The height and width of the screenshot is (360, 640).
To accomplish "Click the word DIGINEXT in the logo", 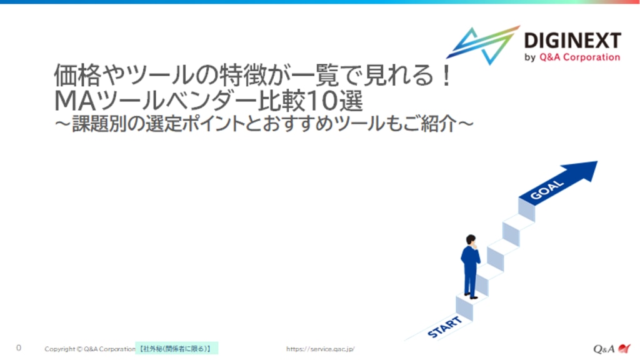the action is coord(572,41).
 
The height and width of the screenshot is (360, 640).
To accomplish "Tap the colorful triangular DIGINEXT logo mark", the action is coord(483,45).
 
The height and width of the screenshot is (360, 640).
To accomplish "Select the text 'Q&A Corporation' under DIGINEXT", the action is coord(579,57).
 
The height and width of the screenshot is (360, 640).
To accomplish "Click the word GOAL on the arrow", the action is coord(547,190).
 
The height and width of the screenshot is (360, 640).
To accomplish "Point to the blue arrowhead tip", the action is coord(597,162).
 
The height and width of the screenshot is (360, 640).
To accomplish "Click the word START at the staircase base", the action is coord(444,327).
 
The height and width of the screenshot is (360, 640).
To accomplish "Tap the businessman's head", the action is coord(471,239).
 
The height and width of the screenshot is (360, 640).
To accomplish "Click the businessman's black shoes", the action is coord(471,296).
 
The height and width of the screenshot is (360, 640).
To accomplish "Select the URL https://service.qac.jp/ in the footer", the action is coord(321,349).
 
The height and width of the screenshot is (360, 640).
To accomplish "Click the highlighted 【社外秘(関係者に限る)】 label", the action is coord(176,349).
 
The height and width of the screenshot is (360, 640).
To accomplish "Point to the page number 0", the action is coord(18,347).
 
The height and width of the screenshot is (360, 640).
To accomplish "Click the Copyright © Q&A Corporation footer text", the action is coord(90,349).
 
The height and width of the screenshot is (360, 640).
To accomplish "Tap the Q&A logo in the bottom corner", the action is coord(612,349).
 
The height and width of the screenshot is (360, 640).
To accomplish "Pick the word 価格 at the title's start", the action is coord(77,75).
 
